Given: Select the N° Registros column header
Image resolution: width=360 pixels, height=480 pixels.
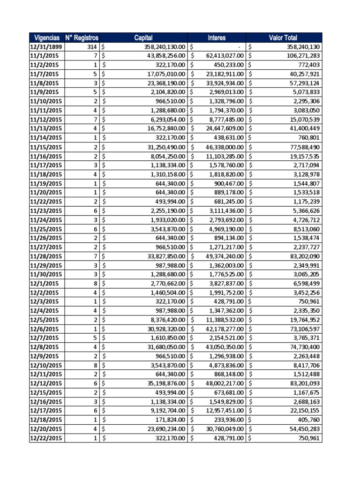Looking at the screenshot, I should [x=82, y=37].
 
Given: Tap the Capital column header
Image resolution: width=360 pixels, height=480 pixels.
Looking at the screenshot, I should [x=143, y=37].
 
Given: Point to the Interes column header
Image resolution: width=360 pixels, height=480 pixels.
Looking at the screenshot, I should [x=217, y=37].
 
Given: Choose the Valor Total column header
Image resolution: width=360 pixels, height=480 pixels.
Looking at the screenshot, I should [x=283, y=37].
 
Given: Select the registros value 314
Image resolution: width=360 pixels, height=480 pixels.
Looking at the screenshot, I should [x=92, y=47].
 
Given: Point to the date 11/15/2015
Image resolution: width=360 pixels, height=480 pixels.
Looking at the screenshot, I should [x=46, y=147].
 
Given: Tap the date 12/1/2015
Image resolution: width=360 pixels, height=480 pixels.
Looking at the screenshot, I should [x=44, y=284].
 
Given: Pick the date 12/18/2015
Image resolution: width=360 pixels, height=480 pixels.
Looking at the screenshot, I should [x=46, y=420].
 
